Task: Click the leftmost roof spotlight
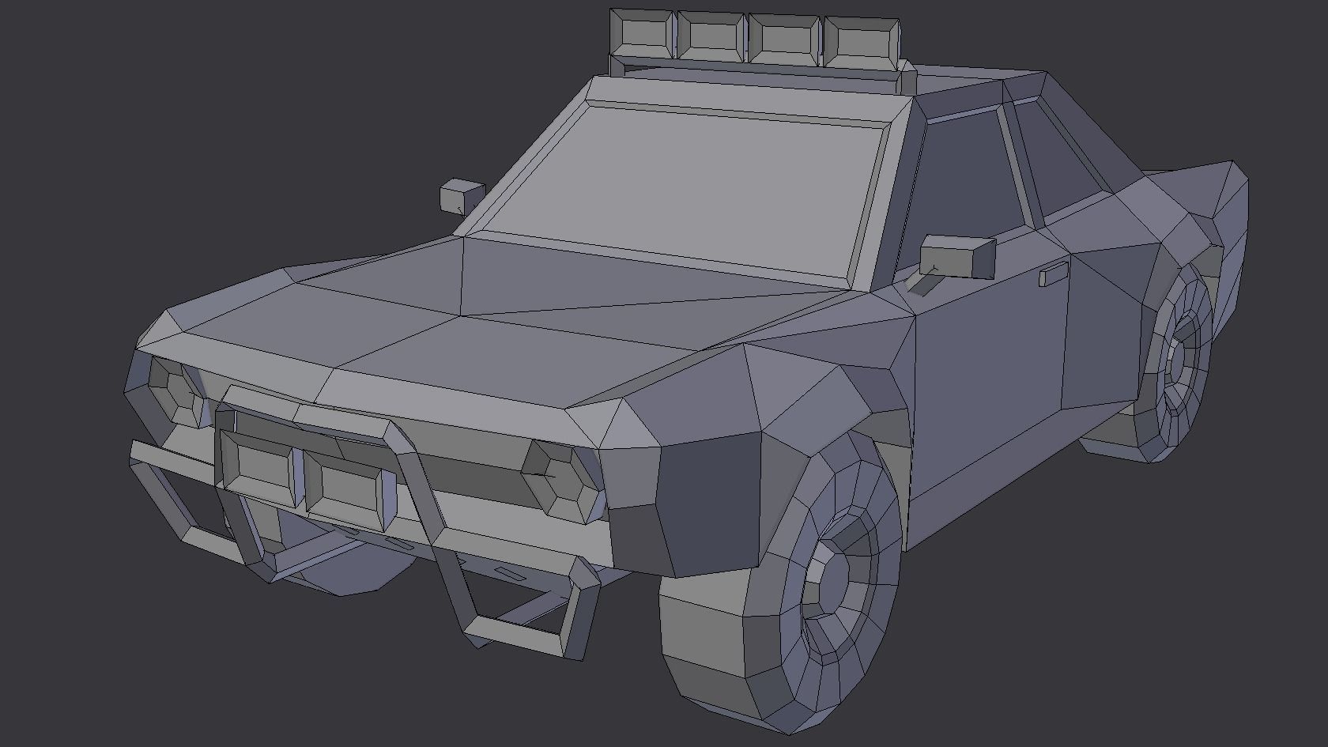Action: click(642, 33)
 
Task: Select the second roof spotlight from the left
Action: click(711, 36)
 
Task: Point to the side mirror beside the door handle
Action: click(958, 256)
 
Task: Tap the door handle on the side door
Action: click(1053, 275)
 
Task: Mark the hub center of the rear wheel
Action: click(1183, 364)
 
